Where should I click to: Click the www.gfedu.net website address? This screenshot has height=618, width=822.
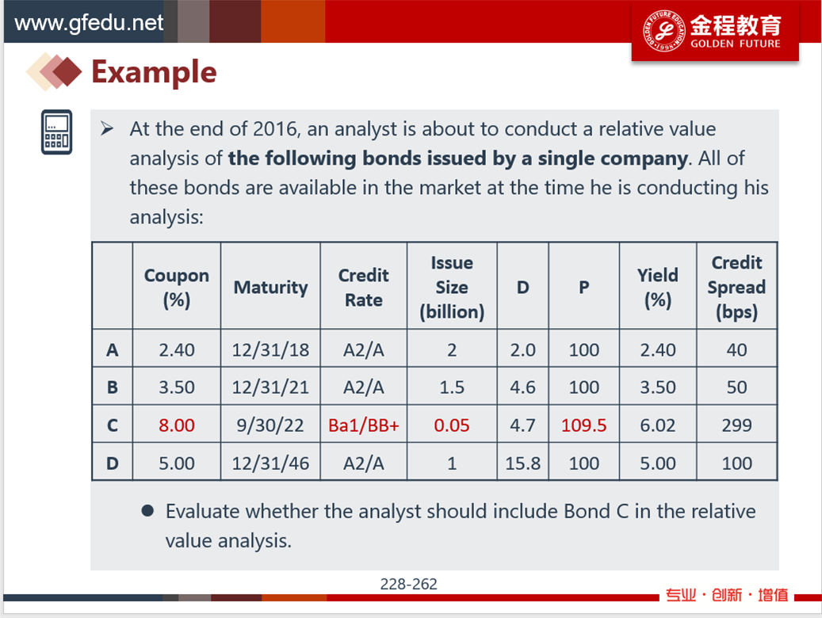coord(89,23)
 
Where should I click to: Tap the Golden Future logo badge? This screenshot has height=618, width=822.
coord(715,31)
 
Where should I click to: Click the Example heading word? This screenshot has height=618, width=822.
coord(154,72)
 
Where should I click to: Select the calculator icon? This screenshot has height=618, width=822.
coord(56,132)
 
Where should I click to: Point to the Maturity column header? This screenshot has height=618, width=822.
coord(270,288)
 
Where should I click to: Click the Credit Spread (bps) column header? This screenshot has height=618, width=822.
coord(736,288)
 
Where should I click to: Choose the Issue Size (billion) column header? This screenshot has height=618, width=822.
coord(452,288)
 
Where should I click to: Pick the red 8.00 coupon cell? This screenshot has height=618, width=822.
coord(177,425)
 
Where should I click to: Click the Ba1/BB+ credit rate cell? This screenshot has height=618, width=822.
coord(364,425)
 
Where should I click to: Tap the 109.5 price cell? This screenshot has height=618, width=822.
coord(584,425)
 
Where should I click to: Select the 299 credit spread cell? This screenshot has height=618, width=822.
coord(736,425)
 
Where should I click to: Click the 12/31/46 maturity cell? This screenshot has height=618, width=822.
coord(270,463)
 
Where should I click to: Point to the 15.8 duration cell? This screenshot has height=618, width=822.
coord(522,463)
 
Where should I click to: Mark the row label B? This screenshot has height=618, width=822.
coord(113,387)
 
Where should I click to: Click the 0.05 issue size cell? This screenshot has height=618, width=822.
coord(452,425)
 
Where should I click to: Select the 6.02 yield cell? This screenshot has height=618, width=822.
coord(658,425)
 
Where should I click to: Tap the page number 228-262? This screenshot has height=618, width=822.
coord(409,584)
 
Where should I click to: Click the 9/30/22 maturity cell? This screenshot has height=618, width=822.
coord(270,425)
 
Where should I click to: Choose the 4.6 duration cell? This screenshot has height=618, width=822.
coord(522,387)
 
